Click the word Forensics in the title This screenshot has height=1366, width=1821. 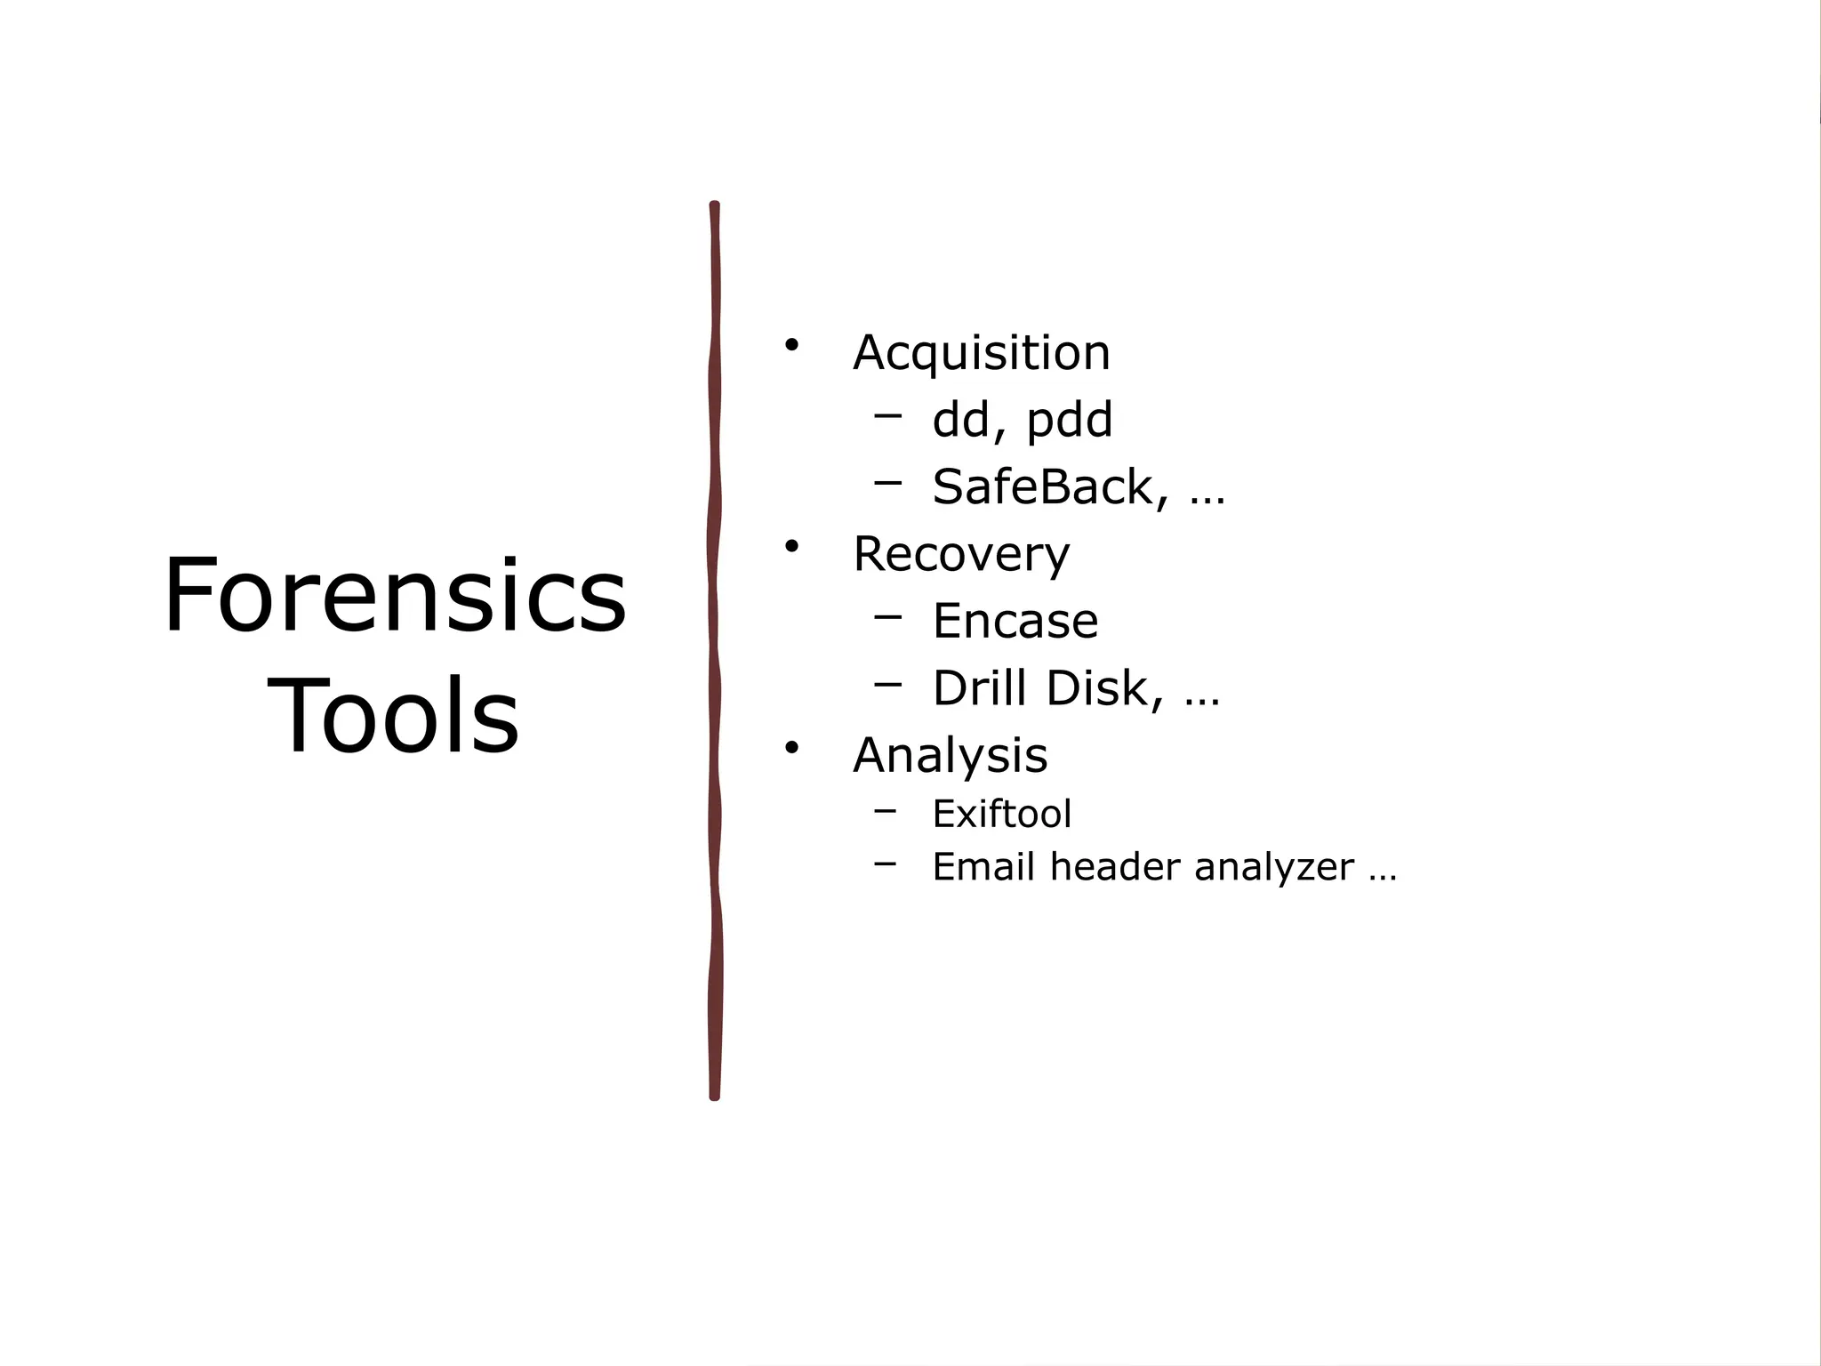tap(395, 595)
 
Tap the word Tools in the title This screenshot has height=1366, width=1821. tap(392, 716)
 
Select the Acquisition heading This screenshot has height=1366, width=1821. tap(982, 353)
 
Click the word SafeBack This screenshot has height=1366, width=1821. tap(1042, 486)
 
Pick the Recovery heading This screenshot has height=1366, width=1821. tap(961, 555)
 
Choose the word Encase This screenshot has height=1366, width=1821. tap(1015, 621)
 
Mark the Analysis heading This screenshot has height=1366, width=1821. tap(950, 756)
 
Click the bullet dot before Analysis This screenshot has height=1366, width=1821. tap(790, 747)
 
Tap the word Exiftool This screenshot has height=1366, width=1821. tap(1001, 814)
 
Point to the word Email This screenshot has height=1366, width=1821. tap(983, 867)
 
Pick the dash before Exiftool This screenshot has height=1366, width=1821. tap(885, 809)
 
